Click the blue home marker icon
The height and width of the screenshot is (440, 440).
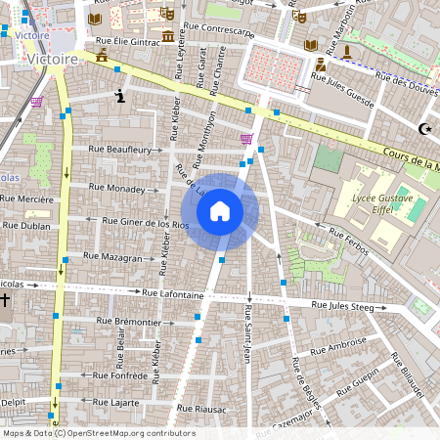pos(220,211)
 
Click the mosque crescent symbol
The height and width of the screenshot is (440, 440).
pos(424,128)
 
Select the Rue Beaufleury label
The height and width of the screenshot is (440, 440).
pos(120,150)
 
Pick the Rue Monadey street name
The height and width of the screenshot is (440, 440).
pos(116,187)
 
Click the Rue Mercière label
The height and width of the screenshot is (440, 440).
pos(26,199)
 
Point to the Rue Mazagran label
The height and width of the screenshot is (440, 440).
pos(112,256)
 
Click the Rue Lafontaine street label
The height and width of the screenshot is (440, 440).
pos(172,292)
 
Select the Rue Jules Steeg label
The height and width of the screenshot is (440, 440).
pos(342,306)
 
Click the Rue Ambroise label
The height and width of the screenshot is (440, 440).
pos(337,346)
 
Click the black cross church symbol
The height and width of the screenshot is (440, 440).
pos(6,300)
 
